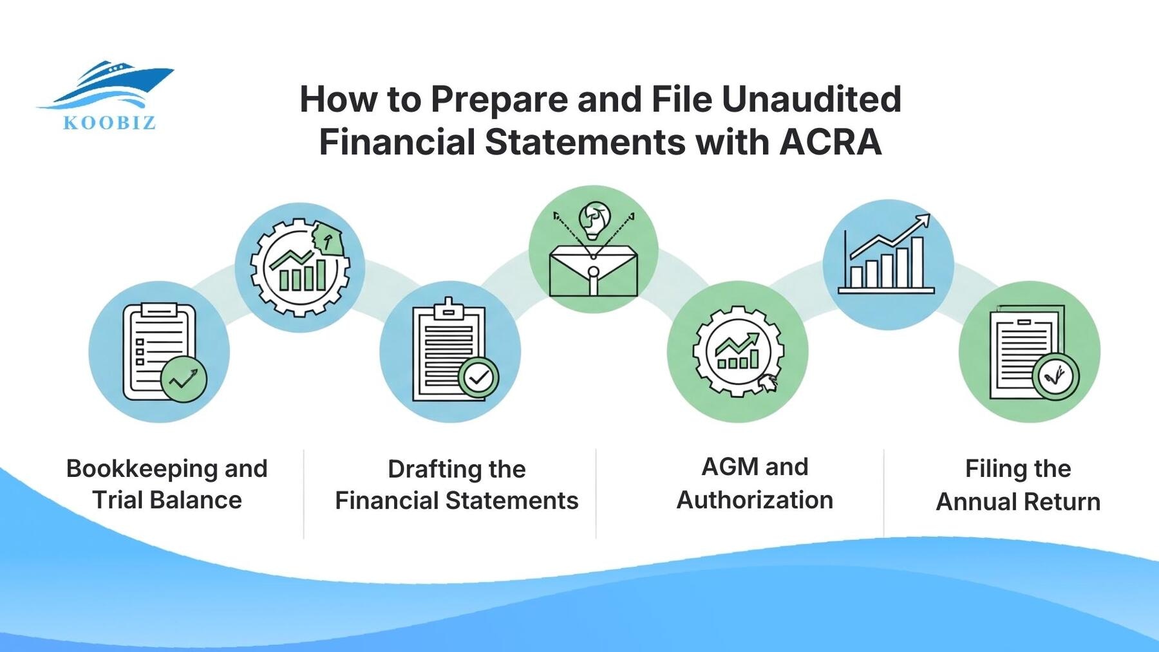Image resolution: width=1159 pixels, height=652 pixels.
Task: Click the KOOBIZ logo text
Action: (109, 122)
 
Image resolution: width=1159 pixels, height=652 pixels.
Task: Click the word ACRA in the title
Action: (830, 142)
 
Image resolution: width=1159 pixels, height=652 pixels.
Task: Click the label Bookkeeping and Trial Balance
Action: (167, 484)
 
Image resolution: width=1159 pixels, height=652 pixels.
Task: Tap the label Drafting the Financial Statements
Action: (457, 485)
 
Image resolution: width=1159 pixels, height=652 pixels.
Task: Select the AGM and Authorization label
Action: (755, 483)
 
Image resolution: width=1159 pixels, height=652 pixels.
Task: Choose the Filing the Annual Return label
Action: (1018, 485)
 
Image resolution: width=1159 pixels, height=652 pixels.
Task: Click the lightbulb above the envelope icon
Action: (594, 219)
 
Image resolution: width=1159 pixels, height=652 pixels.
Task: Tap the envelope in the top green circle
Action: (593, 274)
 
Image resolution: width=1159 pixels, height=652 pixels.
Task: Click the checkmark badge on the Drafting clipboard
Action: (478, 378)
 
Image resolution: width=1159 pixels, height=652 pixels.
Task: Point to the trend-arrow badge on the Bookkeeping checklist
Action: (184, 379)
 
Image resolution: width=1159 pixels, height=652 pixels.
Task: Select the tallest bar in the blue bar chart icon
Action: (917, 262)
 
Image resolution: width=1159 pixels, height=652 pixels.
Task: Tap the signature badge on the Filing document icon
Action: (1055, 377)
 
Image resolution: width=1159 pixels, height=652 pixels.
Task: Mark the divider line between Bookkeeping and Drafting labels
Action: (303, 493)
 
